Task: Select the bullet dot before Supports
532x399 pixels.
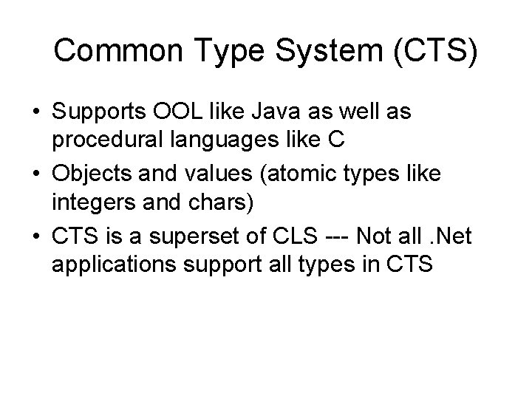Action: click(36, 113)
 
